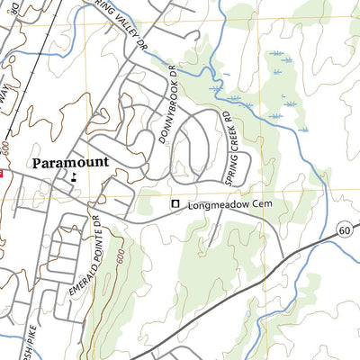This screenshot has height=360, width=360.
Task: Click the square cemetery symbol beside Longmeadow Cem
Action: [x=176, y=205]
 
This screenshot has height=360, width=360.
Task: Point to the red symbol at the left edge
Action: [x=2, y=174]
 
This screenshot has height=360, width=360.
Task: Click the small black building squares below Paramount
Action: [x=73, y=177]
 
